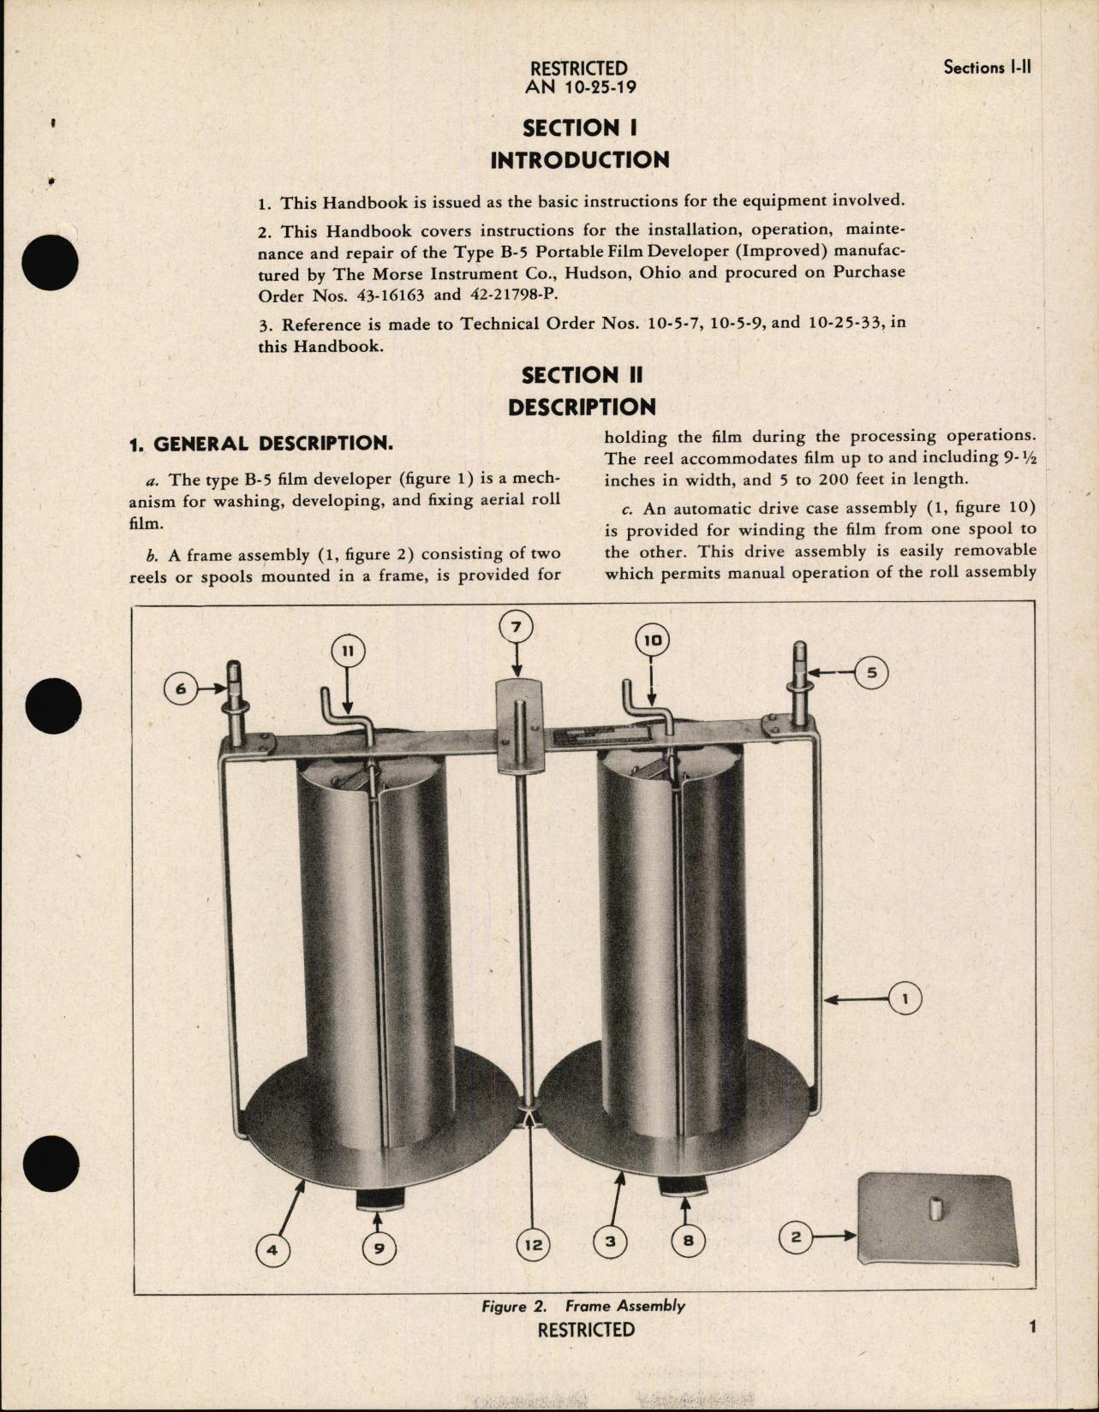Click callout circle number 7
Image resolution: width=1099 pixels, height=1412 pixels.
(516, 627)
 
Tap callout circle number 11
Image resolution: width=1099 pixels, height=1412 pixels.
(347, 651)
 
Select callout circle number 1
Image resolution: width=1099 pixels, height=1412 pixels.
(905, 998)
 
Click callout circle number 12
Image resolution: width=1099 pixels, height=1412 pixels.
(533, 1244)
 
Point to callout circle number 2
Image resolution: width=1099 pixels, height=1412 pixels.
(796, 1236)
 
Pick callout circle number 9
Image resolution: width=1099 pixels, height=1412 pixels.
(379, 1249)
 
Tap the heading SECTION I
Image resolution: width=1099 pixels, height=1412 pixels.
(580, 128)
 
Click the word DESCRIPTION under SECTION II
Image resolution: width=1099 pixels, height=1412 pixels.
(582, 407)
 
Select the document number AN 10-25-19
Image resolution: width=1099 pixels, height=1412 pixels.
(581, 86)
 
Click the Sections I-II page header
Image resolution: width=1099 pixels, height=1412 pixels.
(986, 67)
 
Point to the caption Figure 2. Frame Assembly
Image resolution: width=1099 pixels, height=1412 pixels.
(582, 1306)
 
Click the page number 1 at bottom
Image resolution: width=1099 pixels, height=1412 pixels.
(1032, 1326)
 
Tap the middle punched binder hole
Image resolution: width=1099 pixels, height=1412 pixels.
(53, 706)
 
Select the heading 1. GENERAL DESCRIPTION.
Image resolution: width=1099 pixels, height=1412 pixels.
(260, 444)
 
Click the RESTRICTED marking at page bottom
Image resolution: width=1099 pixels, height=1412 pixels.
(586, 1330)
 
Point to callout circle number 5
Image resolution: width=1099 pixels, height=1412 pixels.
(871, 673)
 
